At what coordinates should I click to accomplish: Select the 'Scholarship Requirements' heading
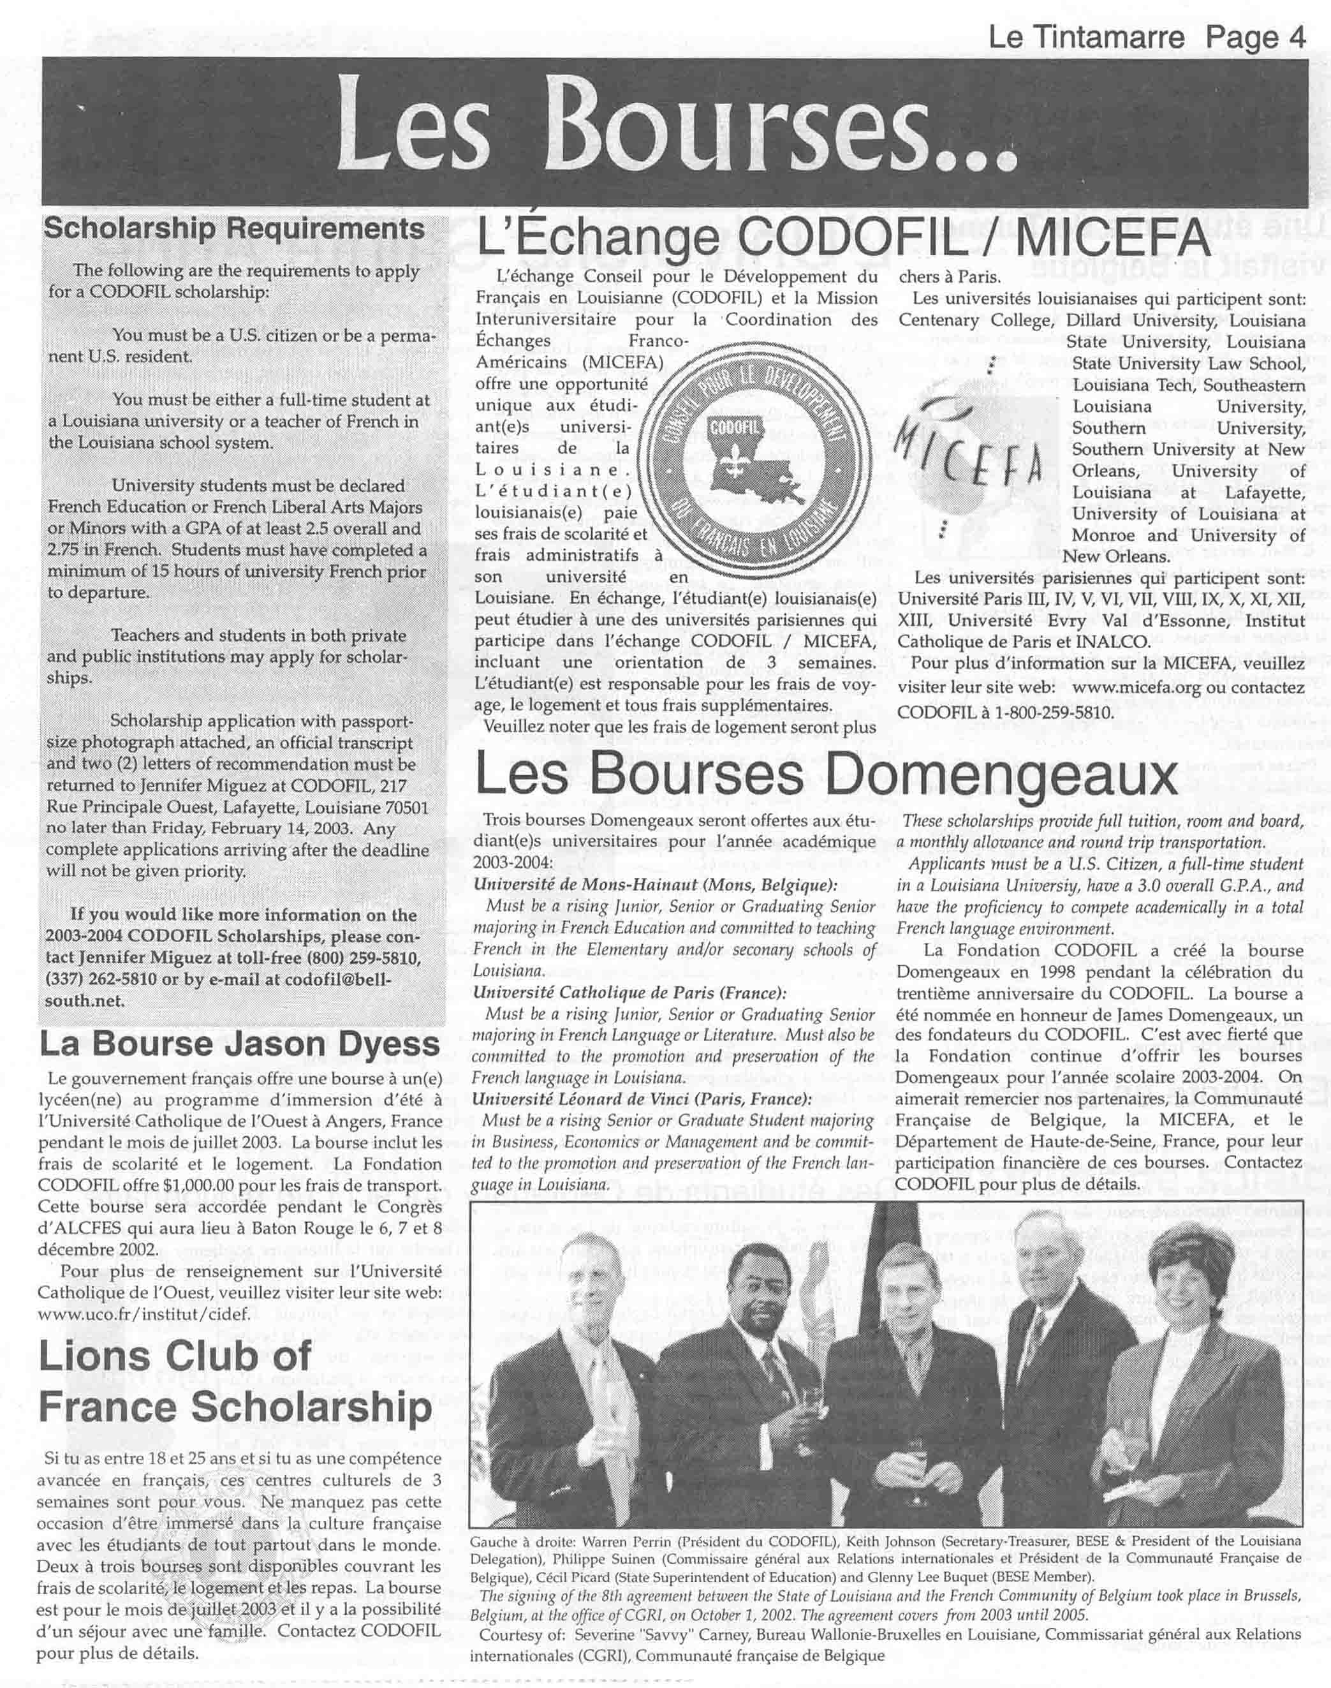point(234,230)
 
